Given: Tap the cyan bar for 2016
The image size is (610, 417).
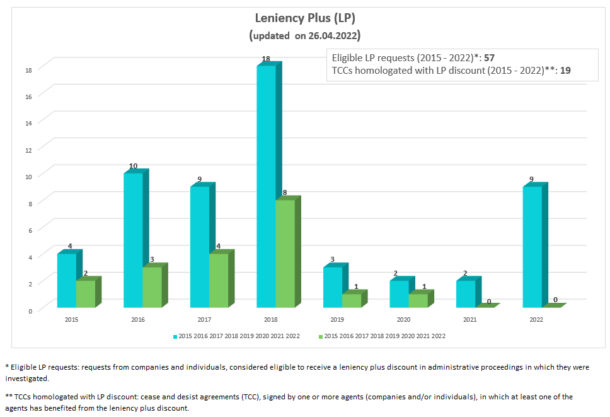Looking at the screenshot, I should coord(133,240).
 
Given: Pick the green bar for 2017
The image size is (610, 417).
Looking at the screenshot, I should coord(218,281).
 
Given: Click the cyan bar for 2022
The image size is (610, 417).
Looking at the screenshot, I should coord(532,247).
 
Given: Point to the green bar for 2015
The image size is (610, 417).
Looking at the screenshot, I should coord(86,294).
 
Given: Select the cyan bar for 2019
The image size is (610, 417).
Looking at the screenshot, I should coord(333,287).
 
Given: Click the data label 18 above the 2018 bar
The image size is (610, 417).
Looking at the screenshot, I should coord(266,59).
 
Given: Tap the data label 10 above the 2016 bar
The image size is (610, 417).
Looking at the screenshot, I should coord(133,166).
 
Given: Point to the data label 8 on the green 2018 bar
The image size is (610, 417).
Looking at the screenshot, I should coord(285,193).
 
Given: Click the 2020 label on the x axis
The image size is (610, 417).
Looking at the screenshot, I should coord(403,320).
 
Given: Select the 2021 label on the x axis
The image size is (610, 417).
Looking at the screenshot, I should coord(470,320).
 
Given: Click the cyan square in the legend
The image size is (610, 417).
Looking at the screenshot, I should coord(175,336).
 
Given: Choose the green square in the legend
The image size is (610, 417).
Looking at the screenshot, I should coord(321,336).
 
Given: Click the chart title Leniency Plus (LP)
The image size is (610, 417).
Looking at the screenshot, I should coord(304,18).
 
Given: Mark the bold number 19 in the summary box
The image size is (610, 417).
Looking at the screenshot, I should coord(565,71).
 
